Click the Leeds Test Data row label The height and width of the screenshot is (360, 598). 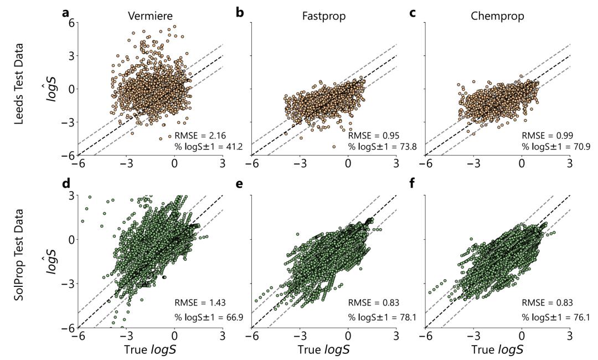[x=19, y=89]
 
